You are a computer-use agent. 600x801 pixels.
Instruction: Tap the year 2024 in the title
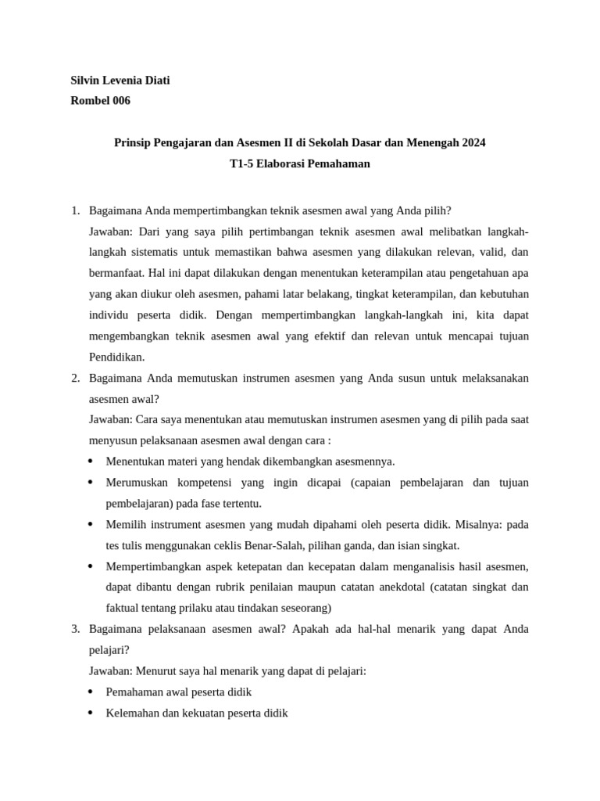[473, 143]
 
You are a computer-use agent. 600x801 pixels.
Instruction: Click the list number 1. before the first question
[76, 211]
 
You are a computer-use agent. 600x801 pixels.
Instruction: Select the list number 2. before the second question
[76, 378]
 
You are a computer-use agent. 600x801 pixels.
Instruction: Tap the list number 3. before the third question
[76, 629]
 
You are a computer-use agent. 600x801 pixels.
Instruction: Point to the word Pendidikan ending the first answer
[117, 357]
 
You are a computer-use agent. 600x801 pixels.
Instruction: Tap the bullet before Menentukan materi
[91, 462]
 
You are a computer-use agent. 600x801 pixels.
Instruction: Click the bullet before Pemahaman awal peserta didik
[91, 692]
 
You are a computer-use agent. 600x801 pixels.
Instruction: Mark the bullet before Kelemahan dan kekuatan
[91, 713]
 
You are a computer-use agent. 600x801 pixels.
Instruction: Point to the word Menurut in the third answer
[158, 671]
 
